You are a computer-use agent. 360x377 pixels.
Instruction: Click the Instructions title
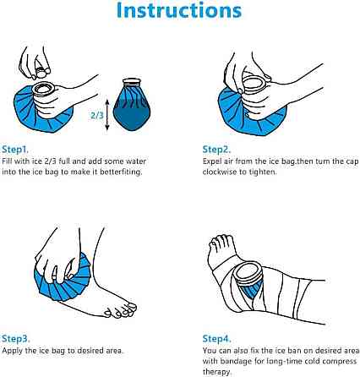(179, 10)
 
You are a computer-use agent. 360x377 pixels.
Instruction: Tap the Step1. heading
(15, 149)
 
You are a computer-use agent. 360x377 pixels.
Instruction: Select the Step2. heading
(216, 149)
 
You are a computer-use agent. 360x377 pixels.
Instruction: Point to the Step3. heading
(16, 338)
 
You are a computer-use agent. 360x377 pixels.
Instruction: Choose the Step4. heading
(217, 338)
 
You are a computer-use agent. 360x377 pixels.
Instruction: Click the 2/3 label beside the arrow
(97, 115)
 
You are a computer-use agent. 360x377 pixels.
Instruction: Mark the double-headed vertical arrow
(107, 115)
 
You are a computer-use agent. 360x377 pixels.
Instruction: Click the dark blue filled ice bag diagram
(132, 105)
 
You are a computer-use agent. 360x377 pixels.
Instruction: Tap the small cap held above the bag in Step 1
(41, 74)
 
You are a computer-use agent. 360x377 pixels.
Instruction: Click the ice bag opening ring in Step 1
(43, 88)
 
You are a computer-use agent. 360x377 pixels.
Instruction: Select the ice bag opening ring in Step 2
(254, 82)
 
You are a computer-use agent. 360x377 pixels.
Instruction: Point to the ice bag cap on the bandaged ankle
(248, 271)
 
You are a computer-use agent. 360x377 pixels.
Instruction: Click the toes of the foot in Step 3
(122, 310)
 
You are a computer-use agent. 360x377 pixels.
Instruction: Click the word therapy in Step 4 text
(216, 372)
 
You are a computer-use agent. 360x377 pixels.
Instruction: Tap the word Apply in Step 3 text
(13, 351)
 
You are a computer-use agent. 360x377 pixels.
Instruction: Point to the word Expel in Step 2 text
(211, 161)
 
